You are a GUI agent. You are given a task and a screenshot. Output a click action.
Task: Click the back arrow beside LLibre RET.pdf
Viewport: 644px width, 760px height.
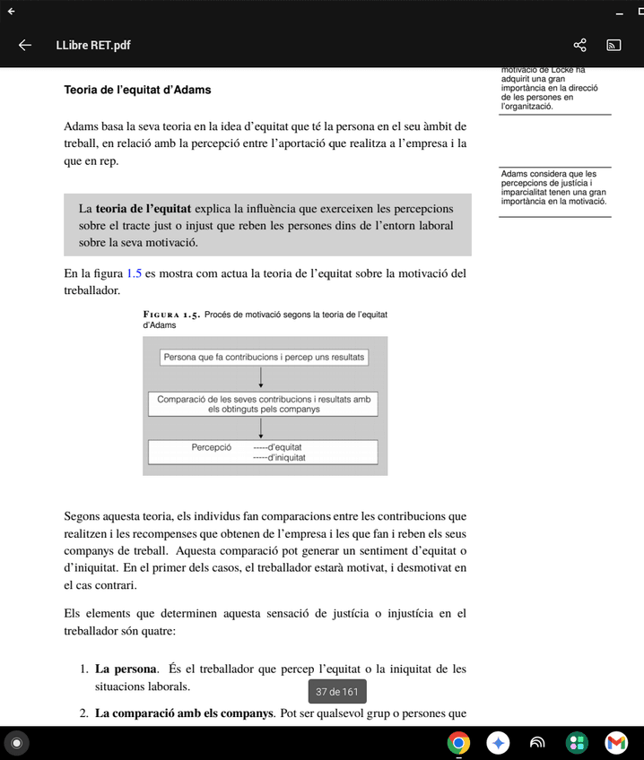point(25,45)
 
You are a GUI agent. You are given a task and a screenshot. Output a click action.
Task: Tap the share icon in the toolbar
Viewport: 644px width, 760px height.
point(579,45)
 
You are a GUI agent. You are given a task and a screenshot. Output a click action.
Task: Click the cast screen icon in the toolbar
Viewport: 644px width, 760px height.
point(614,45)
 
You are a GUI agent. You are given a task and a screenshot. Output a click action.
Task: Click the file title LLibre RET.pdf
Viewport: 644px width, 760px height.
point(92,45)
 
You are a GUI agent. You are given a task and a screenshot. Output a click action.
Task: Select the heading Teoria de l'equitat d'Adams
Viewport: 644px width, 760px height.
point(137,90)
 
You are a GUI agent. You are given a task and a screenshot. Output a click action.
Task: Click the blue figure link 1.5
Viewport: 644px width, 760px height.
point(134,273)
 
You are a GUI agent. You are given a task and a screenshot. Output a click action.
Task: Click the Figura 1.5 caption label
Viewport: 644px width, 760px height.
point(171,315)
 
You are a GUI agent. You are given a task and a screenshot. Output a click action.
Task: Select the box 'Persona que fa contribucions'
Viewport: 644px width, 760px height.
point(264,357)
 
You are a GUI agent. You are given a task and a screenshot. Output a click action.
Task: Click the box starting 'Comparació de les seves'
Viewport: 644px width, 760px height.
point(263,403)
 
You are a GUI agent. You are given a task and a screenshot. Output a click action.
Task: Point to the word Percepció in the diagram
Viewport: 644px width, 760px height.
point(212,446)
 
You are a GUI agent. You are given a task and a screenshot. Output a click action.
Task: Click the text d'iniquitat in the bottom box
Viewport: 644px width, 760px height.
point(286,457)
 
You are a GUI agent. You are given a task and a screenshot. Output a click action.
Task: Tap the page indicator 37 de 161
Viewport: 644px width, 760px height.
point(336,692)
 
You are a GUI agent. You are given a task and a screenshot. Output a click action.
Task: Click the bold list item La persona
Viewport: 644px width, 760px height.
point(126,669)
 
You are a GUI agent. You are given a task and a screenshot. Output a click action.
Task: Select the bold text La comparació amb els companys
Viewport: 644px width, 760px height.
point(184,713)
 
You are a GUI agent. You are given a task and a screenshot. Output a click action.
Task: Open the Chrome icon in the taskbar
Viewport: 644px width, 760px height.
point(458,742)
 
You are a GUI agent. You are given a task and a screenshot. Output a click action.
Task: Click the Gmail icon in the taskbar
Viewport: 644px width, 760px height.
point(616,742)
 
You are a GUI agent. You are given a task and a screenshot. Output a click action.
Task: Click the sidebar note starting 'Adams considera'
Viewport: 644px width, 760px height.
point(553,187)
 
